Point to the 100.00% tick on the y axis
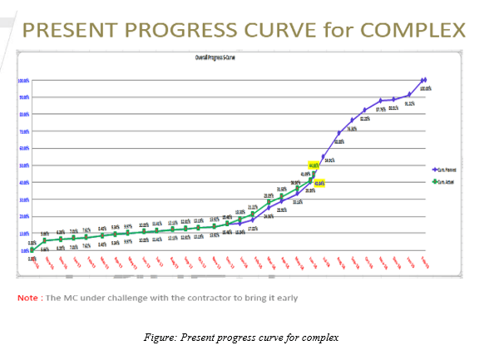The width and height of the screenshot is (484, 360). click(x=23, y=80)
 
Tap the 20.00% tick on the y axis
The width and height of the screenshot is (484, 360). click(x=23, y=216)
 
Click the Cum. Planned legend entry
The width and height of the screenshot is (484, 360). click(x=450, y=168)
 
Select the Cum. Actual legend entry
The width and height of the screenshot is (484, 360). click(x=450, y=180)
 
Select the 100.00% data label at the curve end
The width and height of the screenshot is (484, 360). click(x=425, y=87)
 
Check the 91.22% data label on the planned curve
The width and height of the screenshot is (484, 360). click(x=409, y=103)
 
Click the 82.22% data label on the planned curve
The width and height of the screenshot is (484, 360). click(x=365, y=118)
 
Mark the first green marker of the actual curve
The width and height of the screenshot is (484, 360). click(x=32, y=249)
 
